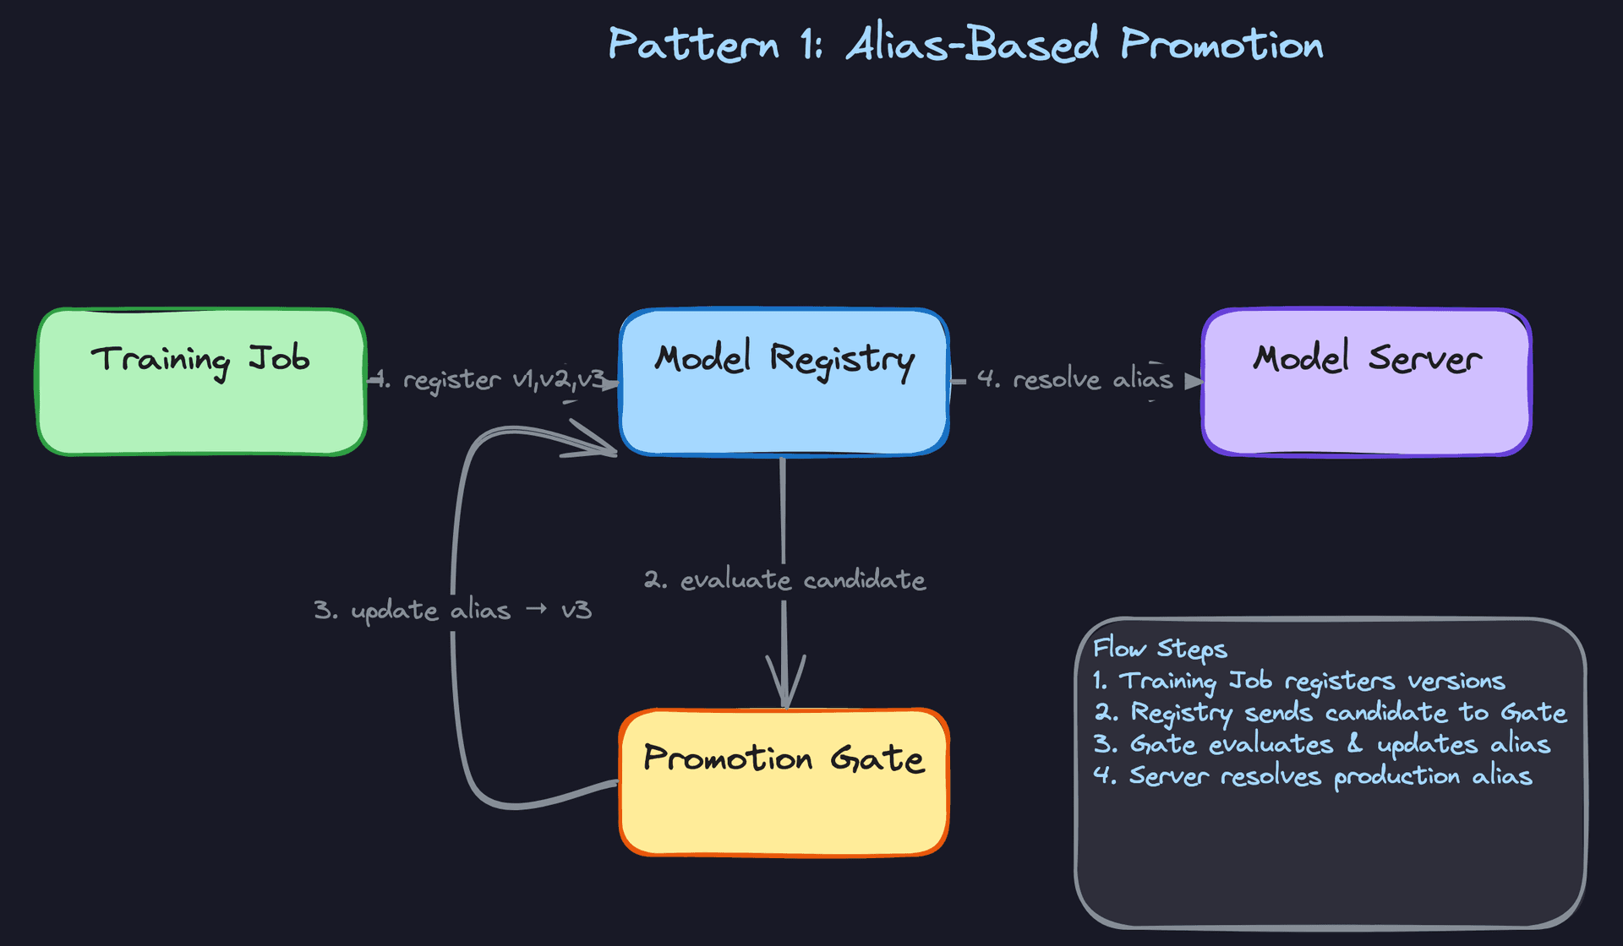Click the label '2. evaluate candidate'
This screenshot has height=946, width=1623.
pyautogui.click(x=784, y=580)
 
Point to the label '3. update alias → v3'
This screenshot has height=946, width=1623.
pyautogui.click(x=452, y=610)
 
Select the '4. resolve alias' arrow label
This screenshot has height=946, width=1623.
pyautogui.click(x=1074, y=379)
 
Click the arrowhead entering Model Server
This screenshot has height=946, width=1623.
pyautogui.click(x=1194, y=382)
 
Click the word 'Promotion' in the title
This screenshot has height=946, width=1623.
pyautogui.click(x=1221, y=44)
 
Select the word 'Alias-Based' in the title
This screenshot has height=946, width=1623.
pyautogui.click(x=972, y=44)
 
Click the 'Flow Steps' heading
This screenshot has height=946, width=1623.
pyautogui.click(x=1159, y=649)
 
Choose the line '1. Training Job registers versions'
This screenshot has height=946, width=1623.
pyautogui.click(x=1298, y=681)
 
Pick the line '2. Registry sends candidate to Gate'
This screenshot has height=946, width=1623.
pyautogui.click(x=1330, y=713)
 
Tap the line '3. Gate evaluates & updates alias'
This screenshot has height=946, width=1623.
pyautogui.click(x=1321, y=744)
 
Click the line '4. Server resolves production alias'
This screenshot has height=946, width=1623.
pyautogui.click(x=1312, y=776)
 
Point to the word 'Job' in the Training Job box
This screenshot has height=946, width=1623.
pyautogui.click(x=279, y=359)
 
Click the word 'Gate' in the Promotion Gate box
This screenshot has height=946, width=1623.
pyautogui.click(x=877, y=758)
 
